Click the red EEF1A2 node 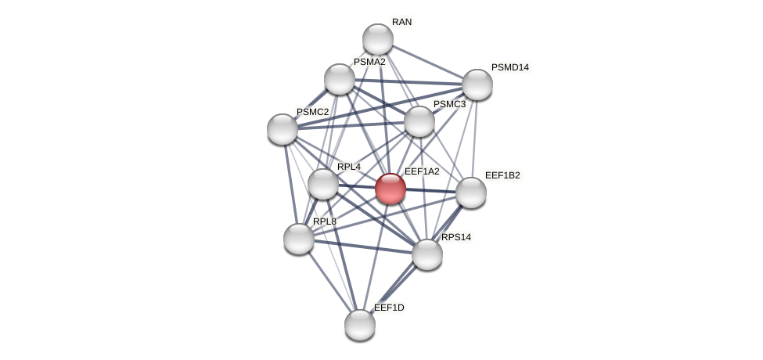click(x=390, y=189)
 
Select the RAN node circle click(x=378, y=39)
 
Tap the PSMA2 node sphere click(x=340, y=79)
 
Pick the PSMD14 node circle click(x=477, y=85)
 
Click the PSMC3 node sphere click(x=419, y=121)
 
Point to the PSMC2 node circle click(x=283, y=129)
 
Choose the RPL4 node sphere click(x=323, y=184)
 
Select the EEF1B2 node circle click(x=470, y=193)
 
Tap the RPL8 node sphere click(x=299, y=239)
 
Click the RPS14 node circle click(x=427, y=254)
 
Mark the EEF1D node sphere click(x=360, y=325)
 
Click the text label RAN click(x=401, y=22)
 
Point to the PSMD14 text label click(x=509, y=67)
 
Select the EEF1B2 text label click(x=502, y=175)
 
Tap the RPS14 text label click(x=456, y=237)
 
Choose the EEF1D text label click(x=389, y=308)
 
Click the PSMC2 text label click(x=312, y=112)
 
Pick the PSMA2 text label click(x=369, y=62)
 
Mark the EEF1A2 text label click(x=421, y=171)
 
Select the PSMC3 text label click(x=449, y=104)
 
